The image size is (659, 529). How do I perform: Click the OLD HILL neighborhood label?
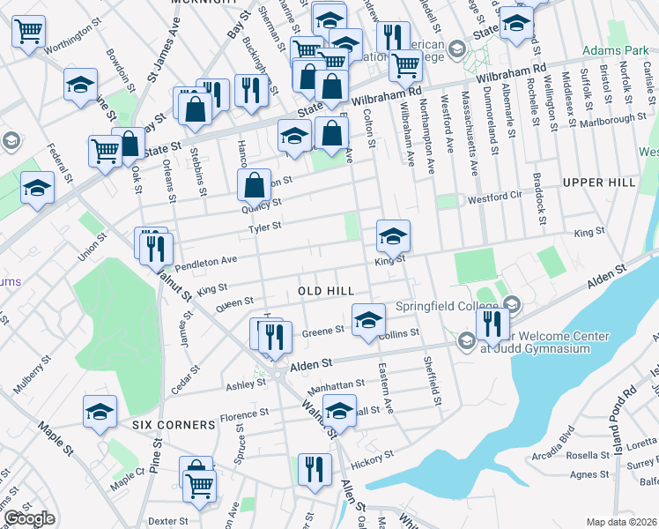325,290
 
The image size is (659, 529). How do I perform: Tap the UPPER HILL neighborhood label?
598,183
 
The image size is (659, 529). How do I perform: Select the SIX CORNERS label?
174,424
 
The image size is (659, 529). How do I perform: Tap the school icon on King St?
393,235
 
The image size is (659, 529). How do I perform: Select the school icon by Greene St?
368,319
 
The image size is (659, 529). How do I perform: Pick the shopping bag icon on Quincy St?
254,185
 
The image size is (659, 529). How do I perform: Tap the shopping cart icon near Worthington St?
28,32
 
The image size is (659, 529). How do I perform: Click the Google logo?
28,518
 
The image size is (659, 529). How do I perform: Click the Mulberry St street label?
33,376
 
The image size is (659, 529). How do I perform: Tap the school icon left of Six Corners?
100,411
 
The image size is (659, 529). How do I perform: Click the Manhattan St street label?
336,385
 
